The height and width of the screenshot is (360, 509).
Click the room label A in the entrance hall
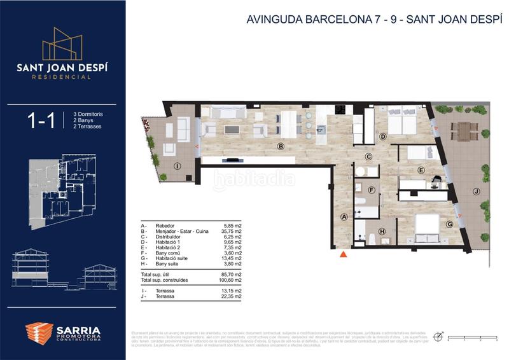(x=344, y=217)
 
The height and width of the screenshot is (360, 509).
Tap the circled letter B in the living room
(x=281, y=147)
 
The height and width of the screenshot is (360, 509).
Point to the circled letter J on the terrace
(x=475, y=191)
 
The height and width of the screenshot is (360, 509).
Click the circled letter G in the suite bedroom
(x=449, y=223)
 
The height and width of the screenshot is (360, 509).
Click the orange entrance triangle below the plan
(x=344, y=254)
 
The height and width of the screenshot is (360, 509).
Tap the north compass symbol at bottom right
(x=438, y=336)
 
